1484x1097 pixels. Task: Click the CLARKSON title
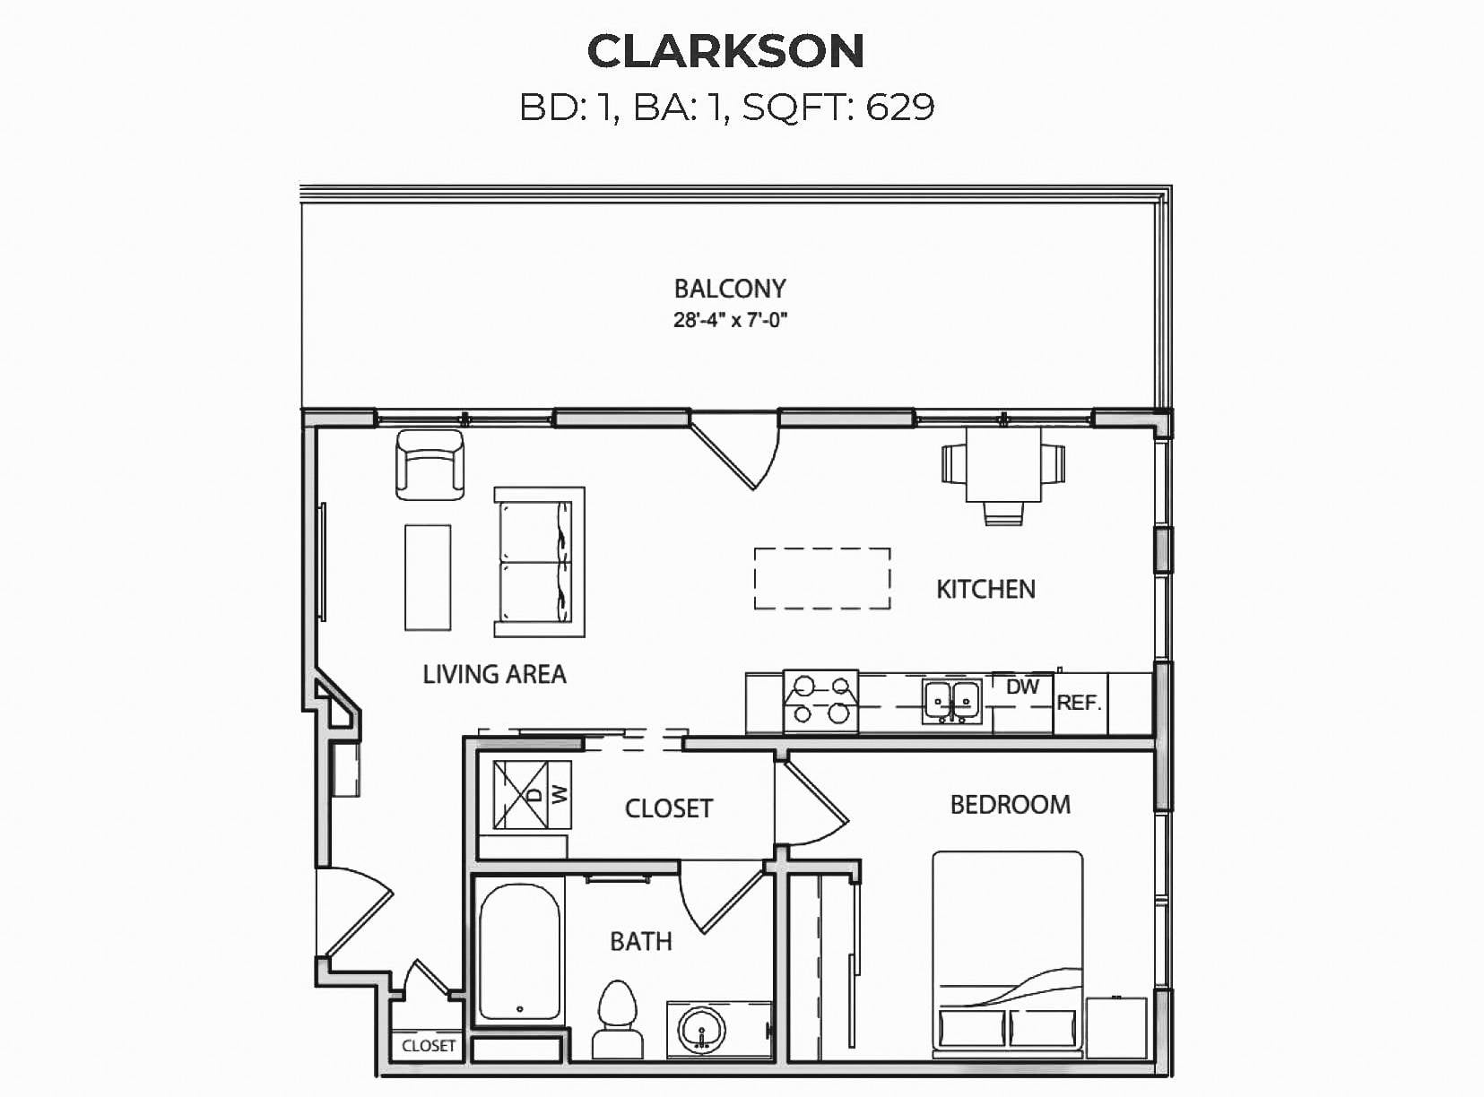pos(726,51)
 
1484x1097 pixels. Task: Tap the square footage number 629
pos(900,107)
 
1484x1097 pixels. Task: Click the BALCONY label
pos(730,289)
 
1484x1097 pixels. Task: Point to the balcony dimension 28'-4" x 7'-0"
pos(730,320)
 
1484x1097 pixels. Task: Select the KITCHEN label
pos(985,590)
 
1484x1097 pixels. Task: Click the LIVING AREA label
pos(494,674)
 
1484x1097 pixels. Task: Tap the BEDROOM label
pos(1011,805)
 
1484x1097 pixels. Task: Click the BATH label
pos(641,942)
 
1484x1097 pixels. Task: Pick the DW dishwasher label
pos(1022,687)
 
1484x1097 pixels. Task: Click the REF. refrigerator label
pos(1079,703)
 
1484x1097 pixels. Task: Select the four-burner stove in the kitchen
pos(821,701)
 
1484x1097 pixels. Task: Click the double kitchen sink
pos(952,702)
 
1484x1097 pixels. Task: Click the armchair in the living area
pos(430,465)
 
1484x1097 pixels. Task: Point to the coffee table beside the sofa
pos(428,577)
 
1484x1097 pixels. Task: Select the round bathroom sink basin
pos(700,1031)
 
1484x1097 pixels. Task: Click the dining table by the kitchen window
pos(1003,464)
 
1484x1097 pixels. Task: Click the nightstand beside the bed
pos(1116,1028)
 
